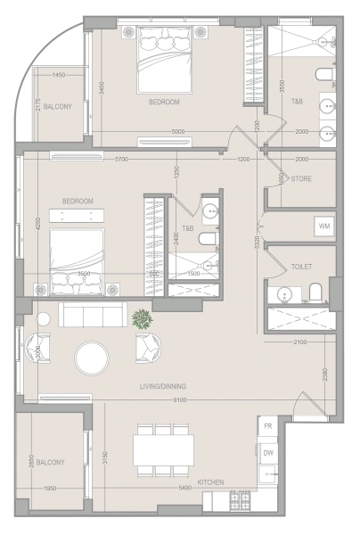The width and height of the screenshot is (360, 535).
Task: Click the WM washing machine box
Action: [x=324, y=226]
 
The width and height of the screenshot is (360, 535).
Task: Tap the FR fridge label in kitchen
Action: [x=267, y=427]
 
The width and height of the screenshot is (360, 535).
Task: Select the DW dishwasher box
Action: [x=267, y=453]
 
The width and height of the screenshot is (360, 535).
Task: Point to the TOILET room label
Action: [x=301, y=267]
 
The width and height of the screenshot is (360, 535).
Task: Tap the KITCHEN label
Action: [x=211, y=482]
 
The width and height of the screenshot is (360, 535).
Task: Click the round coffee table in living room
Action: [x=93, y=358]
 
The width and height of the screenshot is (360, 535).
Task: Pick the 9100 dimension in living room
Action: [x=179, y=400]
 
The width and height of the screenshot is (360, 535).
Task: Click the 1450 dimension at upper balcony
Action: [x=59, y=75]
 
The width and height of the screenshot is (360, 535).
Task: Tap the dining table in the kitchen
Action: [x=165, y=449]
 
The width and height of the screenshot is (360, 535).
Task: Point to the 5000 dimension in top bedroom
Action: [x=178, y=133]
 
